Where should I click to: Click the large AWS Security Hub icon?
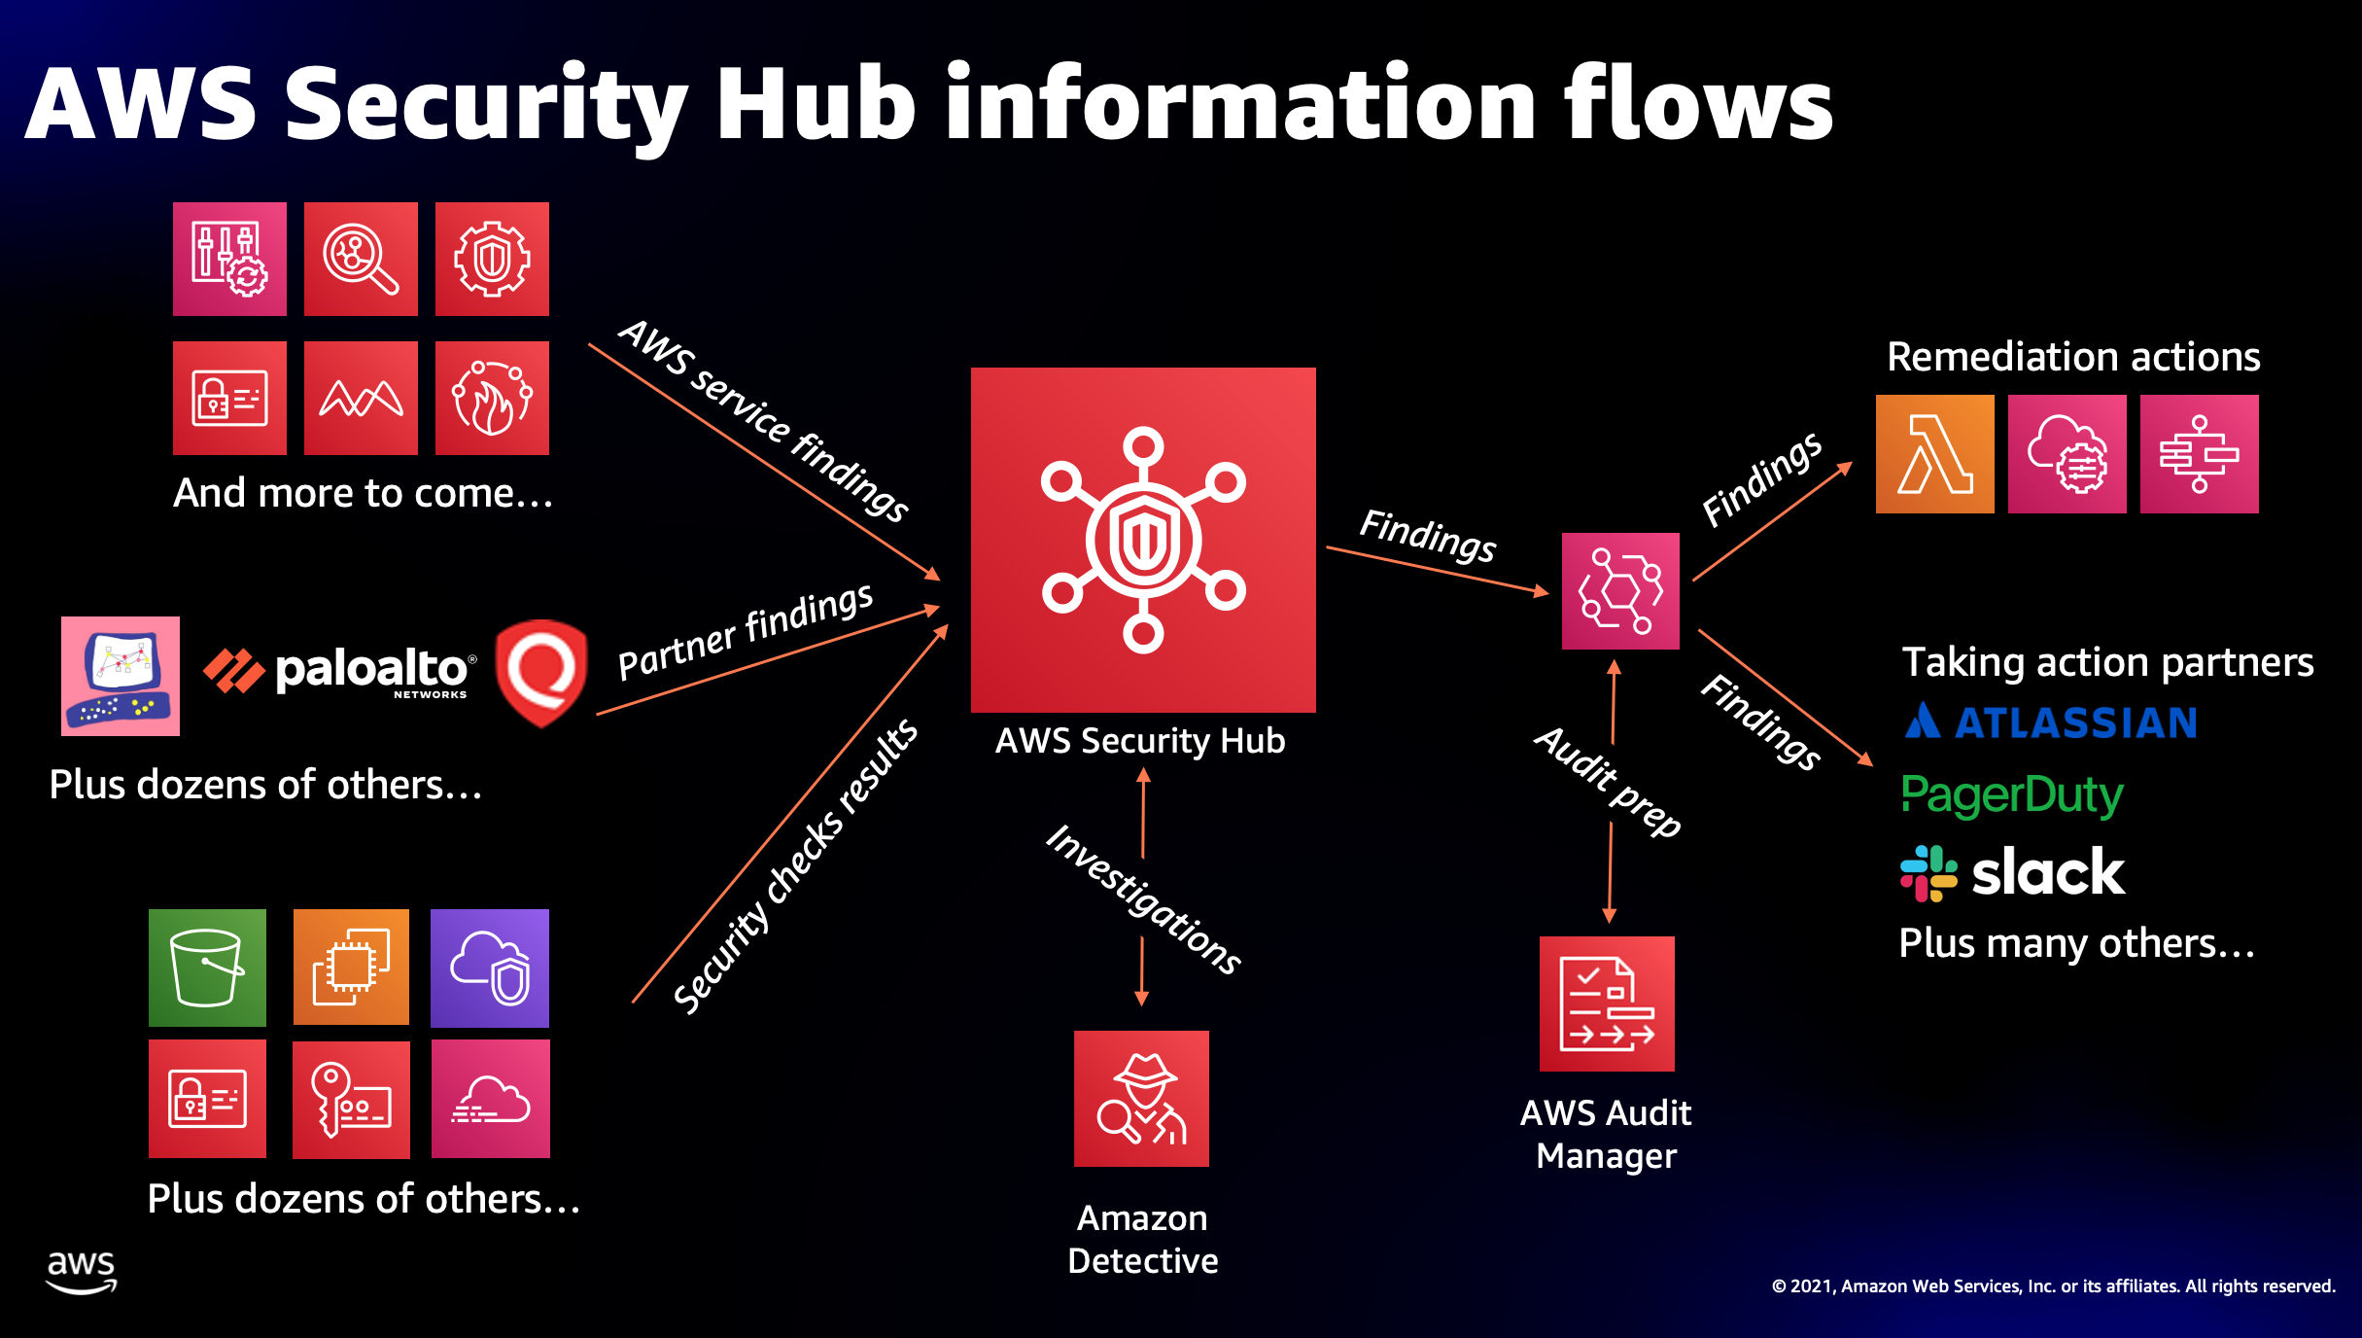coord(1143,540)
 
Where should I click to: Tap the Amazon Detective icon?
coord(1141,1099)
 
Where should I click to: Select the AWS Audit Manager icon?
coord(1607,1003)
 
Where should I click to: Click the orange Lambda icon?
coord(1934,454)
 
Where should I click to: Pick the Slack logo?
coord(2012,872)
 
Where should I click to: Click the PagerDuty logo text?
coord(2011,795)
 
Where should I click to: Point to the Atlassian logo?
coord(2050,722)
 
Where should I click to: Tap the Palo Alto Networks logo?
coord(340,672)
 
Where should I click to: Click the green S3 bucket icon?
coord(207,968)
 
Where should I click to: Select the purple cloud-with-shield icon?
coord(490,968)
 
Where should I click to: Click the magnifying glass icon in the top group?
coord(361,260)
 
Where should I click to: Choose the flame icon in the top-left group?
coord(492,398)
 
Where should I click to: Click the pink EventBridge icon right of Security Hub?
coord(1620,591)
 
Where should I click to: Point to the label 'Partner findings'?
coord(746,632)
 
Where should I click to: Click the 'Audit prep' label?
coord(1608,781)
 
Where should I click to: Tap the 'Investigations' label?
coord(1143,899)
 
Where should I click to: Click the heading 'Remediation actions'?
coord(2073,357)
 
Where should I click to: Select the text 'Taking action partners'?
coord(2107,662)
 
